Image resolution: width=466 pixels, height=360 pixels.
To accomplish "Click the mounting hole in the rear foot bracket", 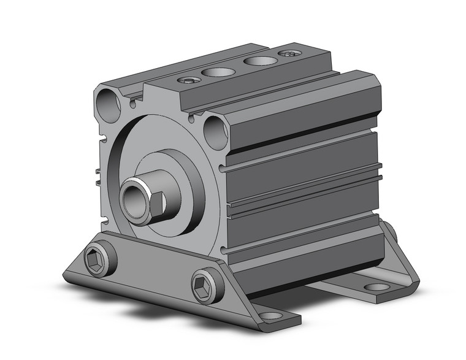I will (375, 286).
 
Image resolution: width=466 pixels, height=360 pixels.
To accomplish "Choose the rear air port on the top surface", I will (258, 61).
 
